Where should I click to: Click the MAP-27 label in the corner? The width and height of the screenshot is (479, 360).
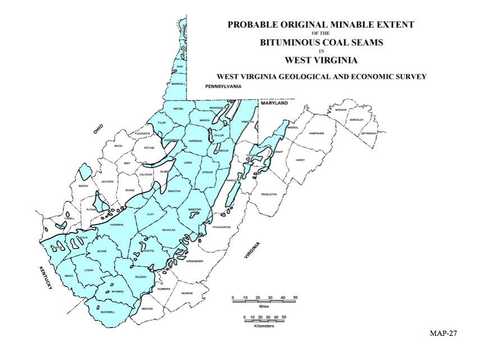click(444, 334)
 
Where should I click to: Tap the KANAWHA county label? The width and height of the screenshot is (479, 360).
click(116, 224)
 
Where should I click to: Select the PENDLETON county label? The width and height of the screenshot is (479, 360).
click(269, 194)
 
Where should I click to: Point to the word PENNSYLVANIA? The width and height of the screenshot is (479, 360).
click(223, 86)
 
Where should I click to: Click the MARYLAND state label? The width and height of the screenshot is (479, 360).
click(274, 104)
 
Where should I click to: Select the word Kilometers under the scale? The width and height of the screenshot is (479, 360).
click(264, 326)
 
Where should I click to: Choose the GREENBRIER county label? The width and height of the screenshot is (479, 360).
click(194, 261)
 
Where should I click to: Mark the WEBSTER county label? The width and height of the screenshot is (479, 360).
click(194, 209)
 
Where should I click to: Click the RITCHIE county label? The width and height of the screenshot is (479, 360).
click(149, 148)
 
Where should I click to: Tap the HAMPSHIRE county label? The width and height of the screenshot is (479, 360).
click(317, 133)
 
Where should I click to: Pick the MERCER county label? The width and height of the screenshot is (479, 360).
click(147, 309)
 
